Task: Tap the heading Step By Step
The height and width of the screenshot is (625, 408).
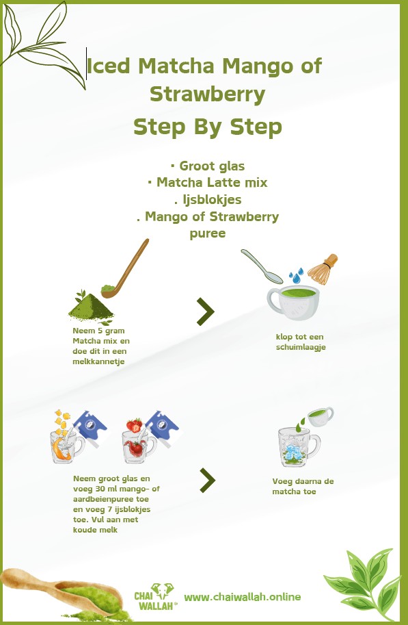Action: pyautogui.click(x=207, y=127)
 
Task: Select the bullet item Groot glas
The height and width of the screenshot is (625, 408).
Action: pyautogui.click(x=207, y=166)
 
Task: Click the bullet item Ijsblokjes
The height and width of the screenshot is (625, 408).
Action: pyautogui.click(x=208, y=199)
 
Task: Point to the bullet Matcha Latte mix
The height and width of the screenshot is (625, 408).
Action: pyautogui.click(x=207, y=183)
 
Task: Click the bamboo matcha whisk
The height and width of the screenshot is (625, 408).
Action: pyautogui.click(x=323, y=270)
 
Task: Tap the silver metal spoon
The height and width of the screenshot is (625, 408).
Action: pyautogui.click(x=262, y=266)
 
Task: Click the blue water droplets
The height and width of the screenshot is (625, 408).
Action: pyautogui.click(x=296, y=275)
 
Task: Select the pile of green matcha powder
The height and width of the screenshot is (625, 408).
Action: pyautogui.click(x=91, y=306)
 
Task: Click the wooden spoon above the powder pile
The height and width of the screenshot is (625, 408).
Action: pyautogui.click(x=126, y=268)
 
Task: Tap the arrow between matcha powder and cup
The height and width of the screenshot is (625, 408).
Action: pyautogui.click(x=206, y=311)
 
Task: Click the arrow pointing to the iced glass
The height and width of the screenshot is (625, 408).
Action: pyautogui.click(x=207, y=481)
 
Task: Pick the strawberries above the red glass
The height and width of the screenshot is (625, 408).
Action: pyautogui.click(x=135, y=425)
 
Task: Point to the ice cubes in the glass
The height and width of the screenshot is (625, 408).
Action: pyautogui.click(x=293, y=452)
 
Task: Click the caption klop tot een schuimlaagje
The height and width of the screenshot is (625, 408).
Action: pyautogui.click(x=301, y=342)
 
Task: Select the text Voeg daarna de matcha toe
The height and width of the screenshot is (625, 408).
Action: pyautogui.click(x=303, y=486)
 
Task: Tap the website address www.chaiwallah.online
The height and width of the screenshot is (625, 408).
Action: pyautogui.click(x=243, y=597)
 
